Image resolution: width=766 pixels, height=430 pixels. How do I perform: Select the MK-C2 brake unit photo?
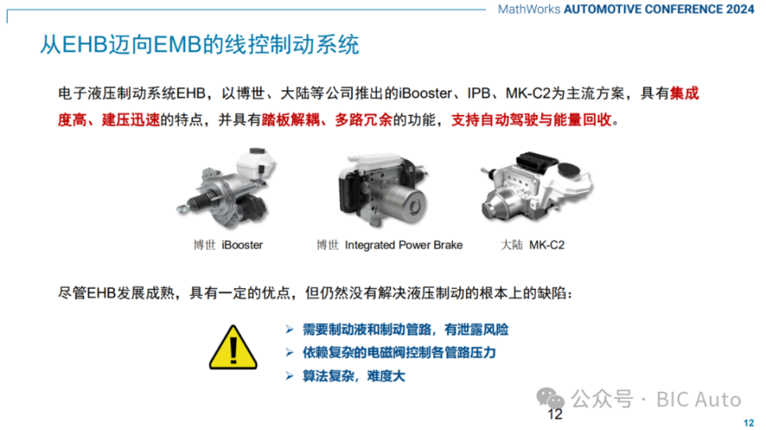tap(535, 190)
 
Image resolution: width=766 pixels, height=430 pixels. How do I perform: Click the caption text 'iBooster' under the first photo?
tap(243, 245)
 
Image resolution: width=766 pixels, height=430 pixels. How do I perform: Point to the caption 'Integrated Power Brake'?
tap(404, 245)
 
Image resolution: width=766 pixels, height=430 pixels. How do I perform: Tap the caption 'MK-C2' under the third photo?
tap(547, 245)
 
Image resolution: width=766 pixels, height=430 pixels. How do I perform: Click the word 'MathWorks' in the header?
tap(528, 10)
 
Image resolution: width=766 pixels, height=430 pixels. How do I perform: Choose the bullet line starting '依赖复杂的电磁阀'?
tap(399, 352)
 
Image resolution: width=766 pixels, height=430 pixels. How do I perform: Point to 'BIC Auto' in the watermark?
tap(699, 399)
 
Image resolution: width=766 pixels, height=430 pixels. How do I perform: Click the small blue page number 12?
tap(748, 423)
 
